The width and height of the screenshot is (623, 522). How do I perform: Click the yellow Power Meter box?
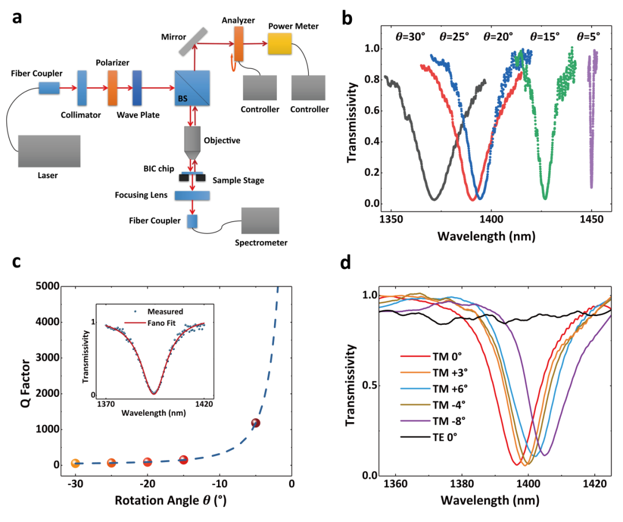280,43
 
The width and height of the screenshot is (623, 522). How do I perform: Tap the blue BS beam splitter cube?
193,88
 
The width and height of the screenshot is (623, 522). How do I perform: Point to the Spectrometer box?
260,219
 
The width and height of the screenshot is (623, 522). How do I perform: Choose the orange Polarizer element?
112,88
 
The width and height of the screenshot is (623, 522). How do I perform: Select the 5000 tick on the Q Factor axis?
47,286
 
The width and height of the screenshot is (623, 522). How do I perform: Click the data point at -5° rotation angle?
256,423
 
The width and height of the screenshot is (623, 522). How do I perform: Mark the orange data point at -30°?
75,463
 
